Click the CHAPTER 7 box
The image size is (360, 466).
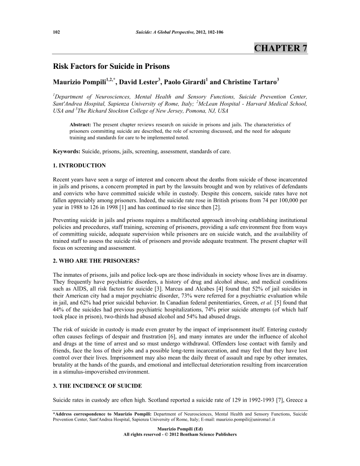281,48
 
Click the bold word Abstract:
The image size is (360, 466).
80,119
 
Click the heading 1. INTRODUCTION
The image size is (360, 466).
79,165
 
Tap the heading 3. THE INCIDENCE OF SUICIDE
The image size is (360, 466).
97,386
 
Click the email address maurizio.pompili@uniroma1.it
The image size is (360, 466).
252,421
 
